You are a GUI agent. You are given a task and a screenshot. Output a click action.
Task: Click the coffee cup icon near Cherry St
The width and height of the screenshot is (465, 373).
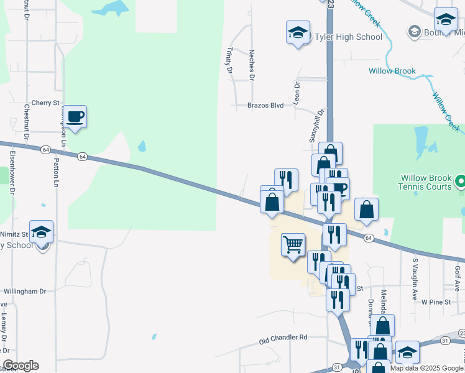(75, 116)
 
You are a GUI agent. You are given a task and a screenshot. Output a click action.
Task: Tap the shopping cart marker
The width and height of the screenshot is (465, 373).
(293, 243)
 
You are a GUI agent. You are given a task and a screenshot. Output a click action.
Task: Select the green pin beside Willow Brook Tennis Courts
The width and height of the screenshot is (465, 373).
(461, 182)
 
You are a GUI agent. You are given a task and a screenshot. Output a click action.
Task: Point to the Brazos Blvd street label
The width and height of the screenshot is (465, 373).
(265, 106)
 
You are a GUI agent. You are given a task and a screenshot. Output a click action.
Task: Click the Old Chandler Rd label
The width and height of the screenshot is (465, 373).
(283, 338)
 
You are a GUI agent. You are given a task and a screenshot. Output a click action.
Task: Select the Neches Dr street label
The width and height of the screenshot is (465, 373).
(252, 65)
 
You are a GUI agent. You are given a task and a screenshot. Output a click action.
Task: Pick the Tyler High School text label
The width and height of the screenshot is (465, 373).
(349, 37)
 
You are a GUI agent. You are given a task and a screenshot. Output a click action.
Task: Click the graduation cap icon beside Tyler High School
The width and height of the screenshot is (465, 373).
(298, 32)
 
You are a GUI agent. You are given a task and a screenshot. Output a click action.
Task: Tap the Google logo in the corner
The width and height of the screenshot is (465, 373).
(21, 366)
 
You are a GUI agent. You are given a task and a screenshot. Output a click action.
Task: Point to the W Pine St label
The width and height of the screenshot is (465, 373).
(435, 302)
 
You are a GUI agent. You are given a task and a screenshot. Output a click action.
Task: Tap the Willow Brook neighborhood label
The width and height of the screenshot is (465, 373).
(391, 71)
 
